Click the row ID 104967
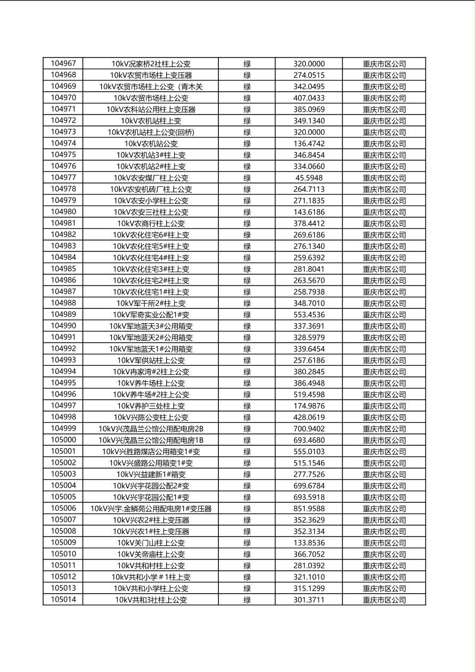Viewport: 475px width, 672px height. click(63, 63)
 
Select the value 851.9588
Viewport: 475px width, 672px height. click(309, 509)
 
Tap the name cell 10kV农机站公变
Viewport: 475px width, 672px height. click(151, 144)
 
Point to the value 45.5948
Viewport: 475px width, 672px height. click(309, 178)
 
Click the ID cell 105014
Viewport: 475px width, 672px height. click(63, 600)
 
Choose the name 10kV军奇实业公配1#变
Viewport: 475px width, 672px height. click(151, 315)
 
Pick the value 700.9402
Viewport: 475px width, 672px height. click(309, 429)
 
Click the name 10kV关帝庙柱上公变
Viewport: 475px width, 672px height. click(151, 554)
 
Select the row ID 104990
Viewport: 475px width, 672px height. click(63, 326)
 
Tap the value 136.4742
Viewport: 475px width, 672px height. click(309, 144)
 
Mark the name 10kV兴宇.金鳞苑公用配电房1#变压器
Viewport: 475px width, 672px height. click(151, 509)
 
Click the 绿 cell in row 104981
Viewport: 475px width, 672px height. click(247, 224)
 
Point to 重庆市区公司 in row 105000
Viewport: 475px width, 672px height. click(384, 440)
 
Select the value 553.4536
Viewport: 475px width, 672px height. click(309, 315)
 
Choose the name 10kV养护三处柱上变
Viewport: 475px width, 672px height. click(151, 406)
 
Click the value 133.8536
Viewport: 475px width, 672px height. click(309, 543)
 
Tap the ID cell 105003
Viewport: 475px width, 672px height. click(63, 474)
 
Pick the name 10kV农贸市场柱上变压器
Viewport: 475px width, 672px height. click(151, 75)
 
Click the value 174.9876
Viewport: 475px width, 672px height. click(309, 406)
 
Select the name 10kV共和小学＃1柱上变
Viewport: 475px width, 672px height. click(151, 577)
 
